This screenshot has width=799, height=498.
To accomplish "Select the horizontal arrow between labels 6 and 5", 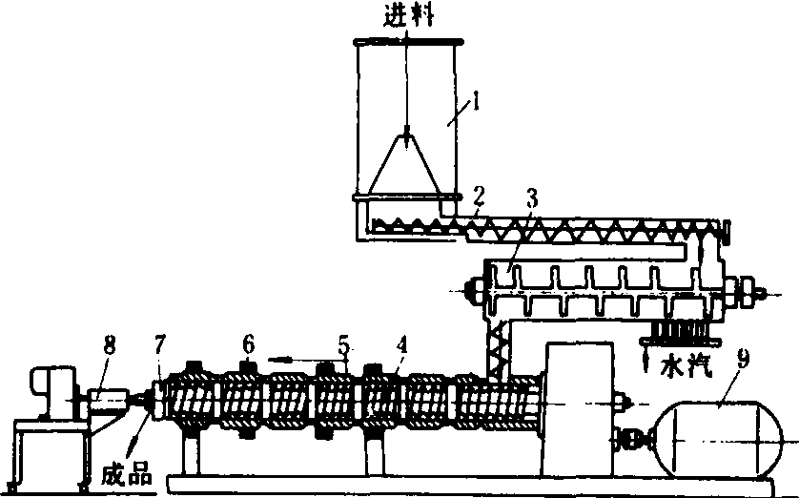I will tap(290, 359).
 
